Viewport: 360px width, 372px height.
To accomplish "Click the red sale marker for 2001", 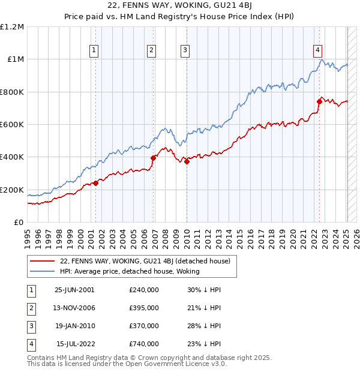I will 95,183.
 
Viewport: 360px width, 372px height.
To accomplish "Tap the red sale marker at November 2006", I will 153,158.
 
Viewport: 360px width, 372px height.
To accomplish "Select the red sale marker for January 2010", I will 187,162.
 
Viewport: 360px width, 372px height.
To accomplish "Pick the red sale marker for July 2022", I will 319,102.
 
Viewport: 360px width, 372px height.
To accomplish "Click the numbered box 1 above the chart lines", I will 95,51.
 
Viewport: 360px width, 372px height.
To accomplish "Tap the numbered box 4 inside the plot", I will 317,51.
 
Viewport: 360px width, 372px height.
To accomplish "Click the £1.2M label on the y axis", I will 13,27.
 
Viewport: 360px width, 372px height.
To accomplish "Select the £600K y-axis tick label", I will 13,125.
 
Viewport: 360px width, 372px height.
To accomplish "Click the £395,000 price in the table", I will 144,308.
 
